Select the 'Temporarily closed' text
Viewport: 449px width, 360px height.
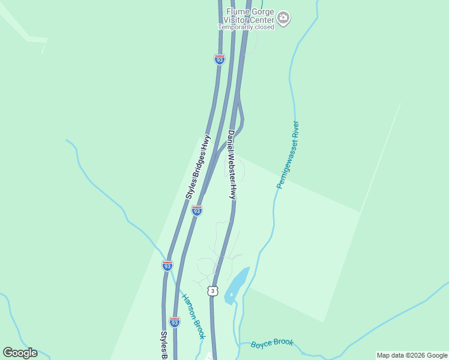(x=246, y=27)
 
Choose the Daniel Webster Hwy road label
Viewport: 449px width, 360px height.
(x=232, y=164)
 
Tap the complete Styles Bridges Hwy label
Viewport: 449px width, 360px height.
(x=198, y=166)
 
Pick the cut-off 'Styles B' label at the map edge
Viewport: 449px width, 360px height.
(x=163, y=345)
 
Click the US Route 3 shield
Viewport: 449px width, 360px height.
(x=212, y=291)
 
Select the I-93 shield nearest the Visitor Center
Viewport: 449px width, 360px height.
(x=219, y=59)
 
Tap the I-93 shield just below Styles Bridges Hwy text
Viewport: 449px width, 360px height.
(x=196, y=211)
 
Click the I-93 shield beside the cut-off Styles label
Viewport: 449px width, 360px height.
(x=175, y=322)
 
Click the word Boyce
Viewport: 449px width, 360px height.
(x=261, y=344)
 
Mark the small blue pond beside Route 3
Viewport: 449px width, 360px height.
(x=237, y=286)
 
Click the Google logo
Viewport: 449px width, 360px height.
(x=20, y=352)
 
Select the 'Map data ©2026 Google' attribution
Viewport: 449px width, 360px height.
(x=412, y=355)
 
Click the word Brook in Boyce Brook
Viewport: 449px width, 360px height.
(x=283, y=343)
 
